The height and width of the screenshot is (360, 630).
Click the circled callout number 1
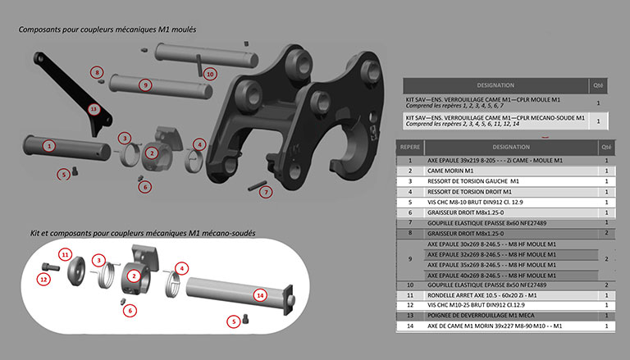click(x=49, y=145)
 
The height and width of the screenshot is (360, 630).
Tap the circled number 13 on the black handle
click(x=94, y=108)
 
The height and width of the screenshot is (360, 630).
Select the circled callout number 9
click(x=144, y=84)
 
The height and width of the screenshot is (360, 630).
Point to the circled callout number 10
click(x=210, y=73)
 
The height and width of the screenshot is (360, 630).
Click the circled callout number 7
click(x=265, y=192)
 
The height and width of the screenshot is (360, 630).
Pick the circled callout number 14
click(x=261, y=294)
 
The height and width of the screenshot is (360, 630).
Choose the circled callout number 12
click(x=44, y=278)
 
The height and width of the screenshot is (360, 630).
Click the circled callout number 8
click(x=98, y=72)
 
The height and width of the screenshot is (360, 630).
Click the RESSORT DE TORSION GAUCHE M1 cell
click(x=474, y=180)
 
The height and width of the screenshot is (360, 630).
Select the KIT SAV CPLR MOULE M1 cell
click(x=494, y=103)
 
